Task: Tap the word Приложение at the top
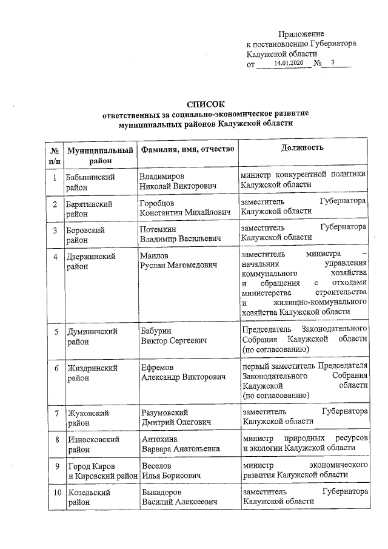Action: tap(301, 34)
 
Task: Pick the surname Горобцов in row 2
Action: tap(157, 202)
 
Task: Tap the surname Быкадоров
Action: tap(161, 493)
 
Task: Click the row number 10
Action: tap(56, 493)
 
